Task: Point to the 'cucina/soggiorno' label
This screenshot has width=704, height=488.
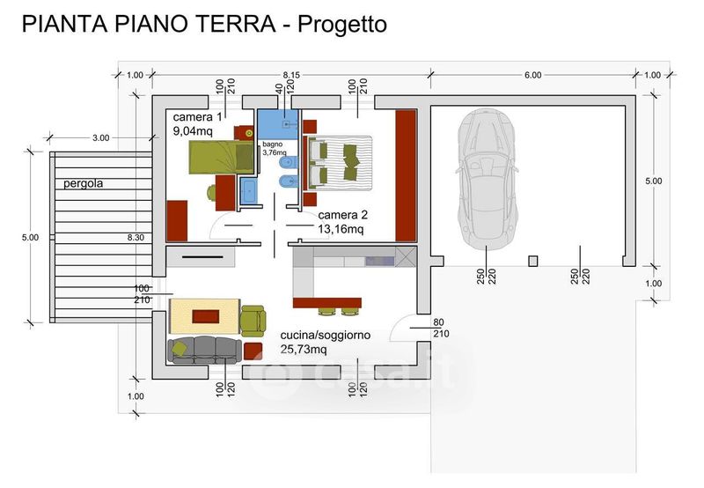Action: pyautogui.click(x=326, y=336)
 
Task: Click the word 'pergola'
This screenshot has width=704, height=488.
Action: pyautogui.click(x=84, y=184)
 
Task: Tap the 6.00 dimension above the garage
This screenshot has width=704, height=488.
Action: pyautogui.click(x=532, y=75)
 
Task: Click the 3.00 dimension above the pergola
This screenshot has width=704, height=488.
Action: pyautogui.click(x=100, y=138)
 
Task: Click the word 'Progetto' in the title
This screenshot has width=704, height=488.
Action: pyautogui.click(x=342, y=25)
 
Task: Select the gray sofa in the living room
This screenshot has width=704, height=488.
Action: pyautogui.click(x=204, y=349)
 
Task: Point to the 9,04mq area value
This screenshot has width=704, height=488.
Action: pyautogui.click(x=194, y=132)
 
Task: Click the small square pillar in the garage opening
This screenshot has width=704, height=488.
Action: pyautogui.click(x=532, y=261)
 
